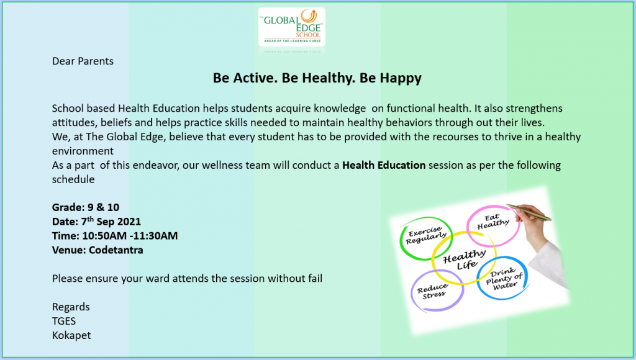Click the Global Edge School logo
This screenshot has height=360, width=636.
click(x=292, y=27)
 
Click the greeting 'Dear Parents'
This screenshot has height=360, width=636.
click(x=83, y=61)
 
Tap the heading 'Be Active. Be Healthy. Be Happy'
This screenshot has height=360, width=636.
click(x=317, y=78)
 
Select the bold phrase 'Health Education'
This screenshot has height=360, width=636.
click(x=384, y=165)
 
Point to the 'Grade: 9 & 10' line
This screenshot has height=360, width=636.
click(x=86, y=207)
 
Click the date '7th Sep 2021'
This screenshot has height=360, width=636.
click(x=111, y=222)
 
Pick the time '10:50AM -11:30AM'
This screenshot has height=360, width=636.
click(x=130, y=236)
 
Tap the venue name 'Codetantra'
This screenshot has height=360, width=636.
click(x=116, y=250)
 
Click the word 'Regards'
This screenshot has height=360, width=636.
click(x=71, y=307)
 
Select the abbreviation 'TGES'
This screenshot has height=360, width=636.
click(x=64, y=321)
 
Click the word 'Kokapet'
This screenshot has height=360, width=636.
click(x=71, y=336)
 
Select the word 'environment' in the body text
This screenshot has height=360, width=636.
click(x=83, y=151)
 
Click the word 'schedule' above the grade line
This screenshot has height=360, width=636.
click(x=73, y=179)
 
